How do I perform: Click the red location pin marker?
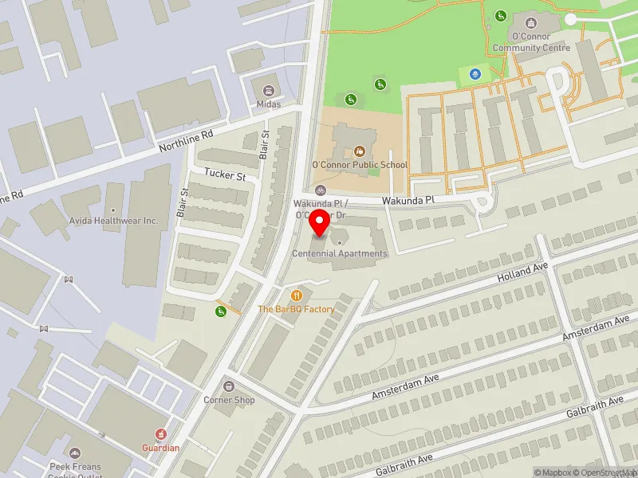320,224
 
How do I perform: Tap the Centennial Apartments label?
340,253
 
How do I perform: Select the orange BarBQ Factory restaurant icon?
297,295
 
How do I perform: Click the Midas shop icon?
266,89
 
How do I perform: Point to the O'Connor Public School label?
359,165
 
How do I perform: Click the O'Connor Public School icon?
359,150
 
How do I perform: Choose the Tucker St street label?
224,174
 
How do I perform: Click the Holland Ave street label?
523,272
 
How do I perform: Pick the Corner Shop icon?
229,386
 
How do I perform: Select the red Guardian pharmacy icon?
160,434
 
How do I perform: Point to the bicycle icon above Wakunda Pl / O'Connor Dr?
321,190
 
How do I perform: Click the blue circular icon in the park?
475,74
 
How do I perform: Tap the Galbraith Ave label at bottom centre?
404,464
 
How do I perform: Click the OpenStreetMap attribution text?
608,472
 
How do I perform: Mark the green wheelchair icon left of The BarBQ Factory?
220,311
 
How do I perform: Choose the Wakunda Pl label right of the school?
407,199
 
